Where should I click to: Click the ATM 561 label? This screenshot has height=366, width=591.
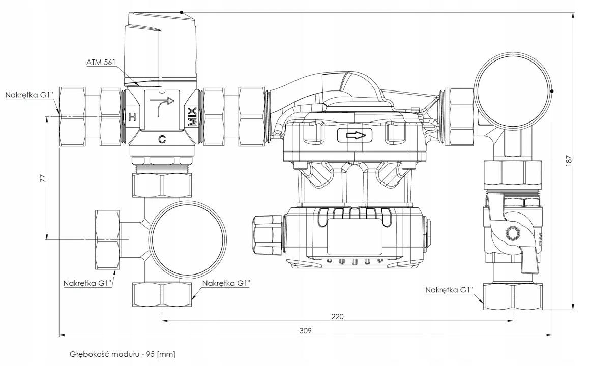pyautogui.click(x=101, y=62)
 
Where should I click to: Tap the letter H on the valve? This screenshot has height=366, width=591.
pyautogui.click(x=132, y=117)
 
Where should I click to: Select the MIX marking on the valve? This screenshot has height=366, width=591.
pyautogui.click(x=193, y=117)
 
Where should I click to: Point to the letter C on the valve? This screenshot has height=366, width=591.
pyautogui.click(x=162, y=139)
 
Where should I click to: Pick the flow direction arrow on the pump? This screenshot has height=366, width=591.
pyautogui.click(x=354, y=135)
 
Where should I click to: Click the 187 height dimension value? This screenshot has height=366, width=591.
pyautogui.click(x=569, y=161)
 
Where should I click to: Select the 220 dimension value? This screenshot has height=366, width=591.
pyautogui.click(x=337, y=316)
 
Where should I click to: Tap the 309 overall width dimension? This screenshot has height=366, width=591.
pyautogui.click(x=305, y=330)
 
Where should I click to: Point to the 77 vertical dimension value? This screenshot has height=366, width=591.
pyautogui.click(x=43, y=178)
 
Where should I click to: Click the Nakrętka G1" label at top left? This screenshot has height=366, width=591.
pyautogui.click(x=32, y=95)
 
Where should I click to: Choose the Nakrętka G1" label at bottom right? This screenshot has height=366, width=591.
pyautogui.click(x=449, y=290)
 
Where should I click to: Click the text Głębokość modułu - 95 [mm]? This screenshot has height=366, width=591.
pyautogui.click(x=123, y=354)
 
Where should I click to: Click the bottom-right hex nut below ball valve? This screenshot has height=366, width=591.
pyautogui.click(x=513, y=297)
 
